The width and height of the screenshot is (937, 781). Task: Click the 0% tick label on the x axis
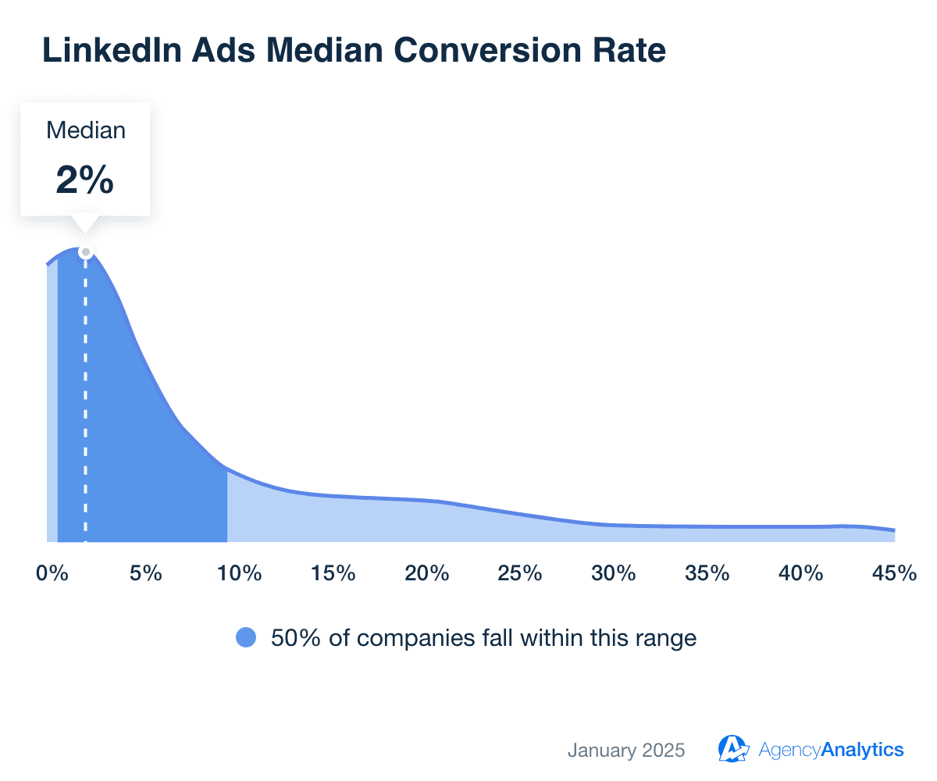pyautogui.click(x=52, y=573)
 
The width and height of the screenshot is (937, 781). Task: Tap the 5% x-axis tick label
pyautogui.click(x=145, y=573)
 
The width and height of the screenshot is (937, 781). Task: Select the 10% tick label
pyautogui.click(x=239, y=573)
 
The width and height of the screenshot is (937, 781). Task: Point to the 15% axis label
pyautogui.click(x=333, y=573)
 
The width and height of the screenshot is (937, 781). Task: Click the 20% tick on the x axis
pyautogui.click(x=426, y=573)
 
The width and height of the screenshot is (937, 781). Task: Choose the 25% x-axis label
pyautogui.click(x=520, y=573)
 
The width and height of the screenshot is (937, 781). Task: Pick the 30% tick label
pyautogui.click(x=614, y=573)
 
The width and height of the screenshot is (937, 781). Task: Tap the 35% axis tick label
pyautogui.click(x=707, y=573)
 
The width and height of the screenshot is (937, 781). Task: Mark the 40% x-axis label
pyautogui.click(x=801, y=573)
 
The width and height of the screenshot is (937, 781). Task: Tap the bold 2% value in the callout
pyautogui.click(x=85, y=180)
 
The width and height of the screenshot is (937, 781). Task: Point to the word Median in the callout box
pyautogui.click(x=86, y=130)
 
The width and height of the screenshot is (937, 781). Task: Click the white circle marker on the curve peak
pyautogui.click(x=86, y=251)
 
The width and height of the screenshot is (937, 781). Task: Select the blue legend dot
pyautogui.click(x=246, y=638)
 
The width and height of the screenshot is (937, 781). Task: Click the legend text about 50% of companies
pyautogui.click(x=483, y=638)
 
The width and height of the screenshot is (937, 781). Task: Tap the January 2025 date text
pyautogui.click(x=626, y=751)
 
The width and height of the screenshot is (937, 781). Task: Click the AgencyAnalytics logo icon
pyautogui.click(x=733, y=749)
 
